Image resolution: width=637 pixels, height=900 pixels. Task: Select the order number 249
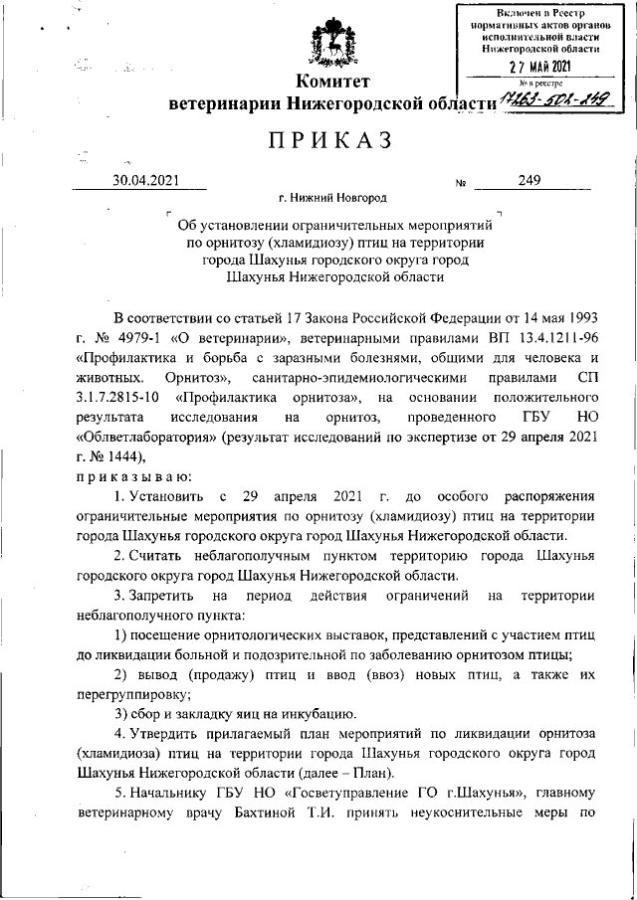[530, 181]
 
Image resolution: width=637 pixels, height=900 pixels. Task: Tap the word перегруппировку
[136, 697]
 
